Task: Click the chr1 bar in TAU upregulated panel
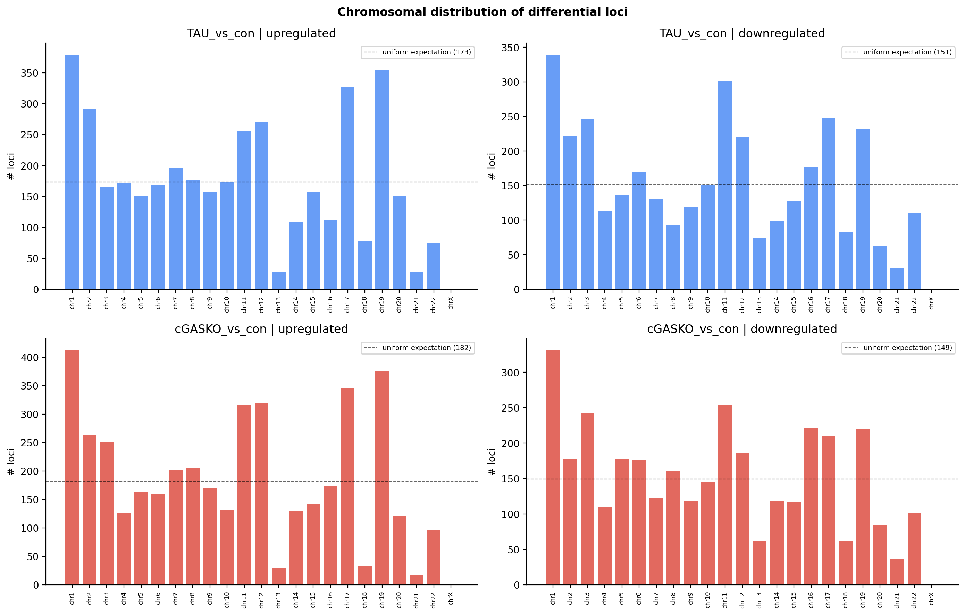coord(72,172)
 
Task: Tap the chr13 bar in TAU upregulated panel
coord(278,281)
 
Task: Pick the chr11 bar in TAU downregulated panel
coord(725,185)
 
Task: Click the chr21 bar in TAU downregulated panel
coord(897,279)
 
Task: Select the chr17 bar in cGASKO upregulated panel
coord(347,486)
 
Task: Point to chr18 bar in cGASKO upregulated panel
coord(365,575)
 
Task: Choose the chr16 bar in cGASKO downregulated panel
coord(811,506)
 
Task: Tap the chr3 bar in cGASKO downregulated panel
coord(587,499)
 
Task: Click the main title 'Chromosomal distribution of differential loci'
coord(482,12)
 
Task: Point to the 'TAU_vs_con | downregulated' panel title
coord(742,34)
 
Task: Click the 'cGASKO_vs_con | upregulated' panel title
coord(261,329)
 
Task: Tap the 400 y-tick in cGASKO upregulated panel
coord(30,358)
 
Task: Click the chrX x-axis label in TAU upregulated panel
coord(451,303)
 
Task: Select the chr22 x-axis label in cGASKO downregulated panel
coord(914,598)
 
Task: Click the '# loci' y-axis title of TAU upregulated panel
coord(11,166)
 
